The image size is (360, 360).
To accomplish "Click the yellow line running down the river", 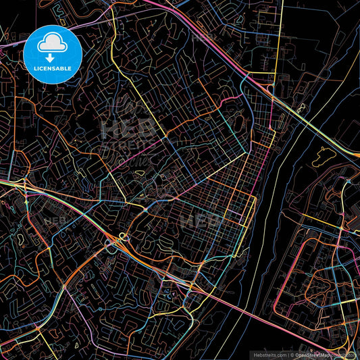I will pyautogui.click(x=257, y=203).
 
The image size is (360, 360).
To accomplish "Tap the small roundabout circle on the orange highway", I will pyautogui.click(x=122, y=236).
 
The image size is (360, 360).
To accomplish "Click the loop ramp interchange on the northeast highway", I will pyautogui.click(x=270, y=88).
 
